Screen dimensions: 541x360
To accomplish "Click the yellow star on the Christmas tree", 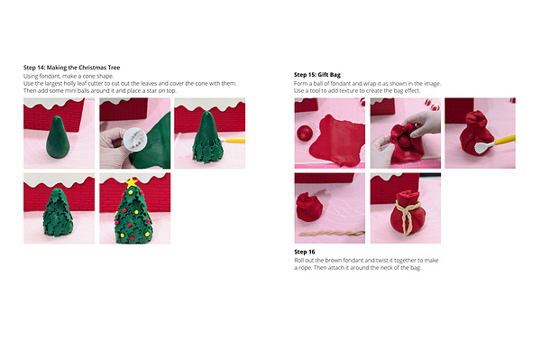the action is coord(132,182).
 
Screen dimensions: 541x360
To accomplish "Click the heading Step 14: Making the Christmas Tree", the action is coord(72,68).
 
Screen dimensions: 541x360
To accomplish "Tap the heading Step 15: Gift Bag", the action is coord(317,75).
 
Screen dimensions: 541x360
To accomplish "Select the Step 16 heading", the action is coord(305,252).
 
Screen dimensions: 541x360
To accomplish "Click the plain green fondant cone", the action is coord(58,137).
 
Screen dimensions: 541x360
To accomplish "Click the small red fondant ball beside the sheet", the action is coord(305,133).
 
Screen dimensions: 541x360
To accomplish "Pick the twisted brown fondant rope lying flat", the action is coord(332,234).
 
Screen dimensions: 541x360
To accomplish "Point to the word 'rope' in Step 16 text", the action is coord(305,268).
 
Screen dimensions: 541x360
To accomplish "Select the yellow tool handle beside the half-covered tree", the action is coord(234,141).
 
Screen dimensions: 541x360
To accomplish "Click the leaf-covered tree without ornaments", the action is coord(58,212).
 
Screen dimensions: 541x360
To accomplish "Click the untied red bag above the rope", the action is coord(309,207).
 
